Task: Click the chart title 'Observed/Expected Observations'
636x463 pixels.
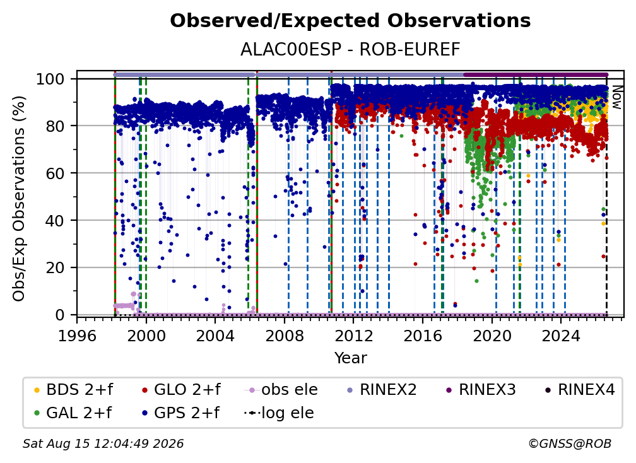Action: pos(350,21)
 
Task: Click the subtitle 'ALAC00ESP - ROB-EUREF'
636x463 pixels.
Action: pos(350,50)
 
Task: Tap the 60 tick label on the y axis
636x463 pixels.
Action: pos(55,173)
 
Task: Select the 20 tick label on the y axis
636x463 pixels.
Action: pos(55,267)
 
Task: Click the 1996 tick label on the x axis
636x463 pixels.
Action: pos(77,336)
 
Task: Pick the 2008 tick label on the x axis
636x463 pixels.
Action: pos(285,336)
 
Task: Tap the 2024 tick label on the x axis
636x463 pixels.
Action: pos(561,336)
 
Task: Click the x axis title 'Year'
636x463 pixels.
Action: pos(350,358)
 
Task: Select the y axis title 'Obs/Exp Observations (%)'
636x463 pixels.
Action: pos(19,198)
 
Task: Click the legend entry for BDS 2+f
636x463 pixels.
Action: pos(73,390)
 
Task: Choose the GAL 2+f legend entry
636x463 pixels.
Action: pos(73,413)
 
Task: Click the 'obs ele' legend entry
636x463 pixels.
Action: pos(281,390)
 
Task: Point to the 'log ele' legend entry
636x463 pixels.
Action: pos(279,413)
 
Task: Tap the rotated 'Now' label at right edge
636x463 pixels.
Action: pos(616,97)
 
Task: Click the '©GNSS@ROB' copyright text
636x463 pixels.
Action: pos(570,443)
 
